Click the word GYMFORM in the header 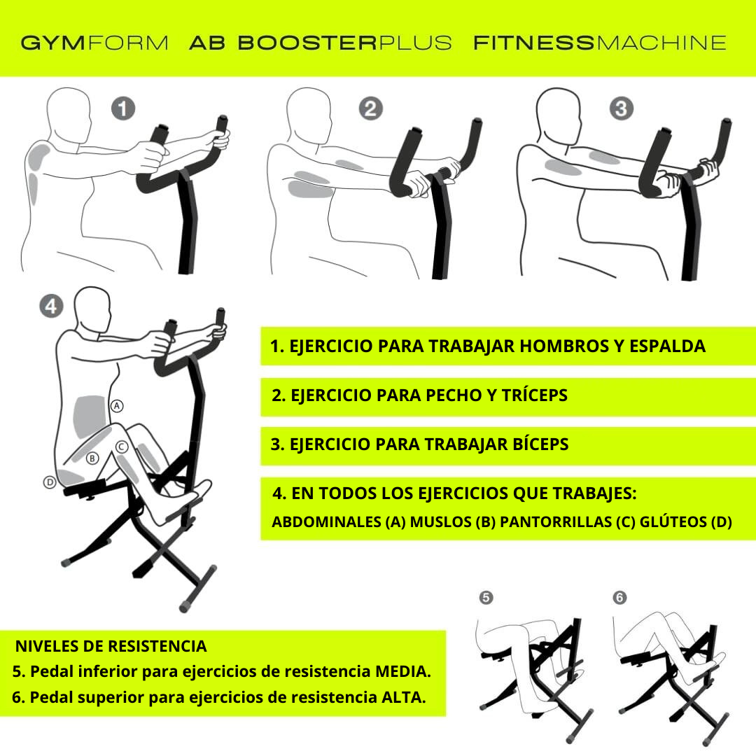(94, 43)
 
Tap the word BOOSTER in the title (307, 43)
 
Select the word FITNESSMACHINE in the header (600, 43)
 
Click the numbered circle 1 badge (123, 108)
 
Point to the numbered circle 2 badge (371, 108)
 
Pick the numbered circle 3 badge (622, 108)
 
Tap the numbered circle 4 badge (51, 306)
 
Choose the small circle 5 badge (486, 598)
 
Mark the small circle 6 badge (619, 598)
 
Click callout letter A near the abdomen (117, 406)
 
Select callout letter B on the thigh (92, 458)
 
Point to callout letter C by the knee (121, 447)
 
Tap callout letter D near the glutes (50, 482)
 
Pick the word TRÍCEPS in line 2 (534, 395)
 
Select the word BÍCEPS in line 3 (540, 444)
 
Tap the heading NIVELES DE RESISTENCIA (111, 646)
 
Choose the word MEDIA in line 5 (402, 671)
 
